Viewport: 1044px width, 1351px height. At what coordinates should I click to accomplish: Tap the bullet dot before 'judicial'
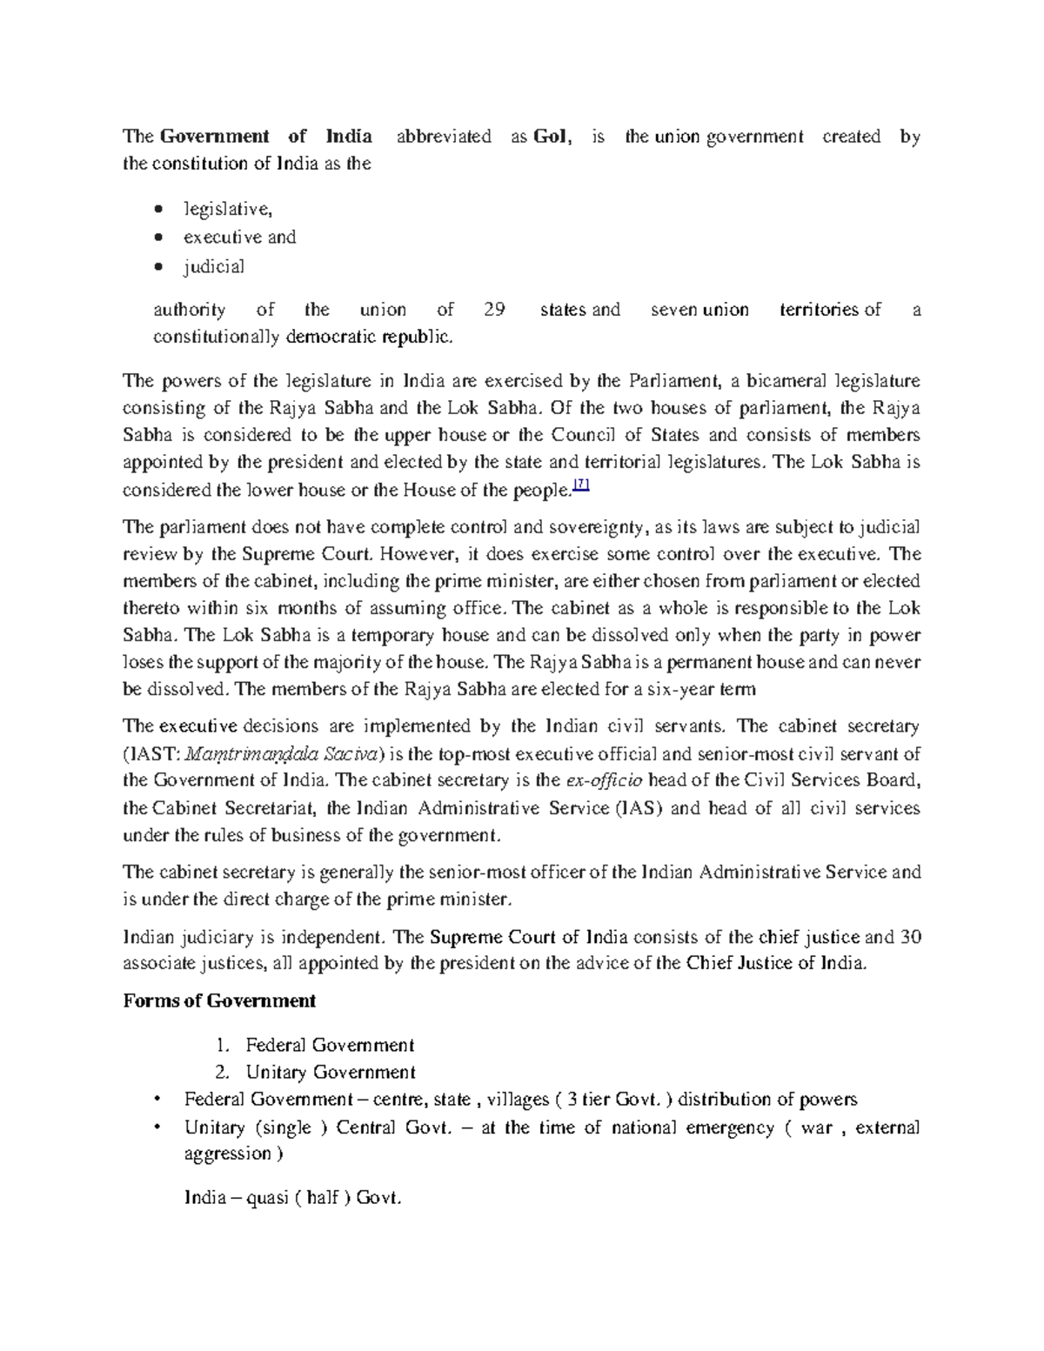157,267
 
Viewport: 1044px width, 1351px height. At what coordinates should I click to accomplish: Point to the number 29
492,310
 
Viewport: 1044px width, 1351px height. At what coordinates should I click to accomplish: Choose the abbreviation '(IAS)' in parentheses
639,807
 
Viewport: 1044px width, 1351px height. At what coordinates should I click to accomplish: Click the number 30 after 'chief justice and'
910,937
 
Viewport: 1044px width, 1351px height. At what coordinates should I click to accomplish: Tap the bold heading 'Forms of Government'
219,1001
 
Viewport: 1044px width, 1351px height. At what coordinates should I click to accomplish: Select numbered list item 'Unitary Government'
331,1072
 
